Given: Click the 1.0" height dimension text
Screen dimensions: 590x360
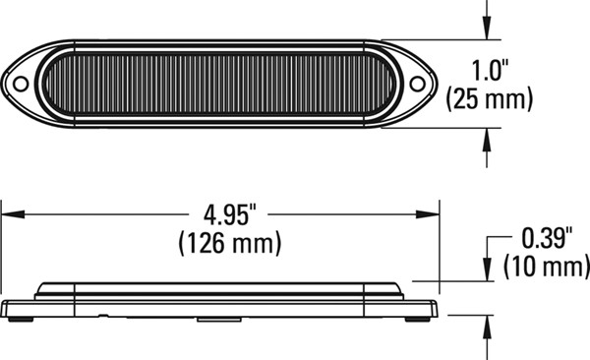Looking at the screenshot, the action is (490, 71).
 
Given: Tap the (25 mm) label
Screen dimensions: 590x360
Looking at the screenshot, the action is (490, 99).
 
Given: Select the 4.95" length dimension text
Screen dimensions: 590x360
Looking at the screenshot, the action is (229, 214).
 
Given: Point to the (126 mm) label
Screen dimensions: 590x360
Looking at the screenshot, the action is (230, 243).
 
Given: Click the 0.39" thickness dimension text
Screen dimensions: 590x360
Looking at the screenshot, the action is (547, 238).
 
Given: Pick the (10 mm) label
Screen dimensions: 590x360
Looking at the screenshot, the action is (547, 266).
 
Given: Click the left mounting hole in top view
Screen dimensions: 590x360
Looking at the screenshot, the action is (21, 84).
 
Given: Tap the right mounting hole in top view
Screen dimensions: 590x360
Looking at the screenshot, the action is (417, 84).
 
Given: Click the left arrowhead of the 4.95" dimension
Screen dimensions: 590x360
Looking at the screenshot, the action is (13, 214).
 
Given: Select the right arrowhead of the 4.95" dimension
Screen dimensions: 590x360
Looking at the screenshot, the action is (428, 214).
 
